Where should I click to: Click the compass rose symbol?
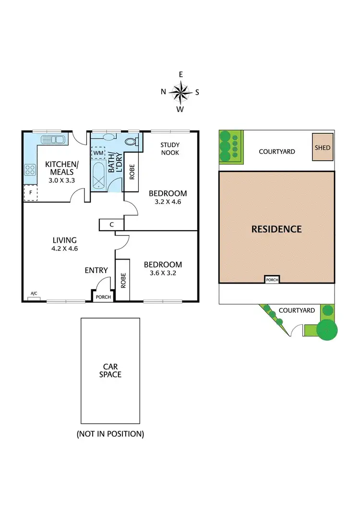click(180, 92)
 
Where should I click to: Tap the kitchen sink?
click(53, 140)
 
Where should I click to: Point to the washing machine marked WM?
click(98, 153)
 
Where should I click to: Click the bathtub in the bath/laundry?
click(100, 176)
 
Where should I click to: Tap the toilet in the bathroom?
click(131, 141)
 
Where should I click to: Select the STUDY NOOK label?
click(169, 148)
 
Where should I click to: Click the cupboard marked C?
click(111, 225)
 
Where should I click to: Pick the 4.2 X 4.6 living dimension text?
click(64, 249)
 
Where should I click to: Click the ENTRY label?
click(96, 270)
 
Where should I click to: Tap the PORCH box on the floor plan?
click(103, 296)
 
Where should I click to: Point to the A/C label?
click(34, 293)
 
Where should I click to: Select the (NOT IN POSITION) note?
click(110, 434)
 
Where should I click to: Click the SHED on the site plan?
click(323, 148)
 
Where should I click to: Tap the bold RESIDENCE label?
click(276, 229)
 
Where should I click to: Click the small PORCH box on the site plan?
click(272, 280)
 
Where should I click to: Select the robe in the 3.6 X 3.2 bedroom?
click(122, 280)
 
